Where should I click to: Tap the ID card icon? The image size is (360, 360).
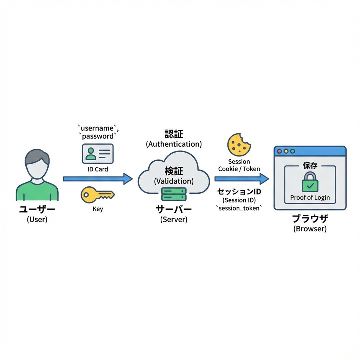tap(98, 153)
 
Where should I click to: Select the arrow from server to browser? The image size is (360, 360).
tap(241, 179)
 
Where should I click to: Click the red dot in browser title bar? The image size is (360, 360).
tap(280, 151)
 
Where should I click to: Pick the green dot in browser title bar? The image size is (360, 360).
tap(292, 151)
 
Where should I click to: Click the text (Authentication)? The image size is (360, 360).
tap(174, 144)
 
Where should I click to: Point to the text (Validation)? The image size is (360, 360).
tap(174, 181)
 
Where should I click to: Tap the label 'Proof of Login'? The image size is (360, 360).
tap(310, 198)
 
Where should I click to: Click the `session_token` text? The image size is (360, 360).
tap(239, 208)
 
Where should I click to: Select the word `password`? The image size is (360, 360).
tap(98, 136)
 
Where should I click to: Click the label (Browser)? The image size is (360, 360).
tap(310, 229)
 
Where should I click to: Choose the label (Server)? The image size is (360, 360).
tap(174, 219)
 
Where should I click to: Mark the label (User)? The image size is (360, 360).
tap(37, 220)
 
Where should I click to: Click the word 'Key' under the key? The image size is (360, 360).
tap(97, 209)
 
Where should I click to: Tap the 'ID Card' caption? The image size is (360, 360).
tap(98, 169)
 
